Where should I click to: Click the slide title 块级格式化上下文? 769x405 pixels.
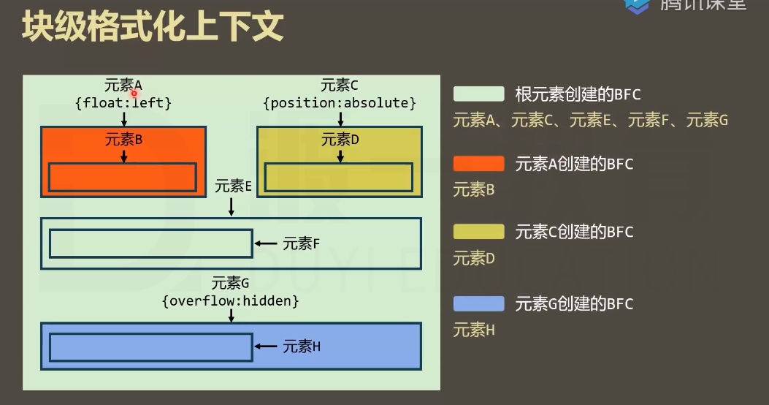point(152,27)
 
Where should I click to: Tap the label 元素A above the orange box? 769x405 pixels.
point(123,85)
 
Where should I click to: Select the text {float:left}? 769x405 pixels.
point(123,103)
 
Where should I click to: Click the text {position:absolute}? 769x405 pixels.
point(340,103)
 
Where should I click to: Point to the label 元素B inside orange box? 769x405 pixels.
point(123,139)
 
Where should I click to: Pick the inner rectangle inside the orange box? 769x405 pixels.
point(123,178)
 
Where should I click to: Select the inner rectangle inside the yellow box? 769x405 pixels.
point(339,177)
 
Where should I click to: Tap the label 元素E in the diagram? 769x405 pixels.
point(233,186)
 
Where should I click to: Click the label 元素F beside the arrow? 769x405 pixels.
point(302,243)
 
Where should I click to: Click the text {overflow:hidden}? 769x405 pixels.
point(231,300)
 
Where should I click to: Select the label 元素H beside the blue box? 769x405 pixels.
point(302,347)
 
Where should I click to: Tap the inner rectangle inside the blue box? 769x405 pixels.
point(151,347)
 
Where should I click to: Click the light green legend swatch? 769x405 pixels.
point(478,94)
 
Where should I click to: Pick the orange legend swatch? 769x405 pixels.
point(478,164)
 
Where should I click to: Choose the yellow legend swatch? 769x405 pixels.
point(478,232)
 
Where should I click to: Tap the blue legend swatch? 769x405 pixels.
point(478,303)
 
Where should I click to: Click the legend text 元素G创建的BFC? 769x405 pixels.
point(574,303)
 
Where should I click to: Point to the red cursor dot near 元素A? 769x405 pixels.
point(134,94)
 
